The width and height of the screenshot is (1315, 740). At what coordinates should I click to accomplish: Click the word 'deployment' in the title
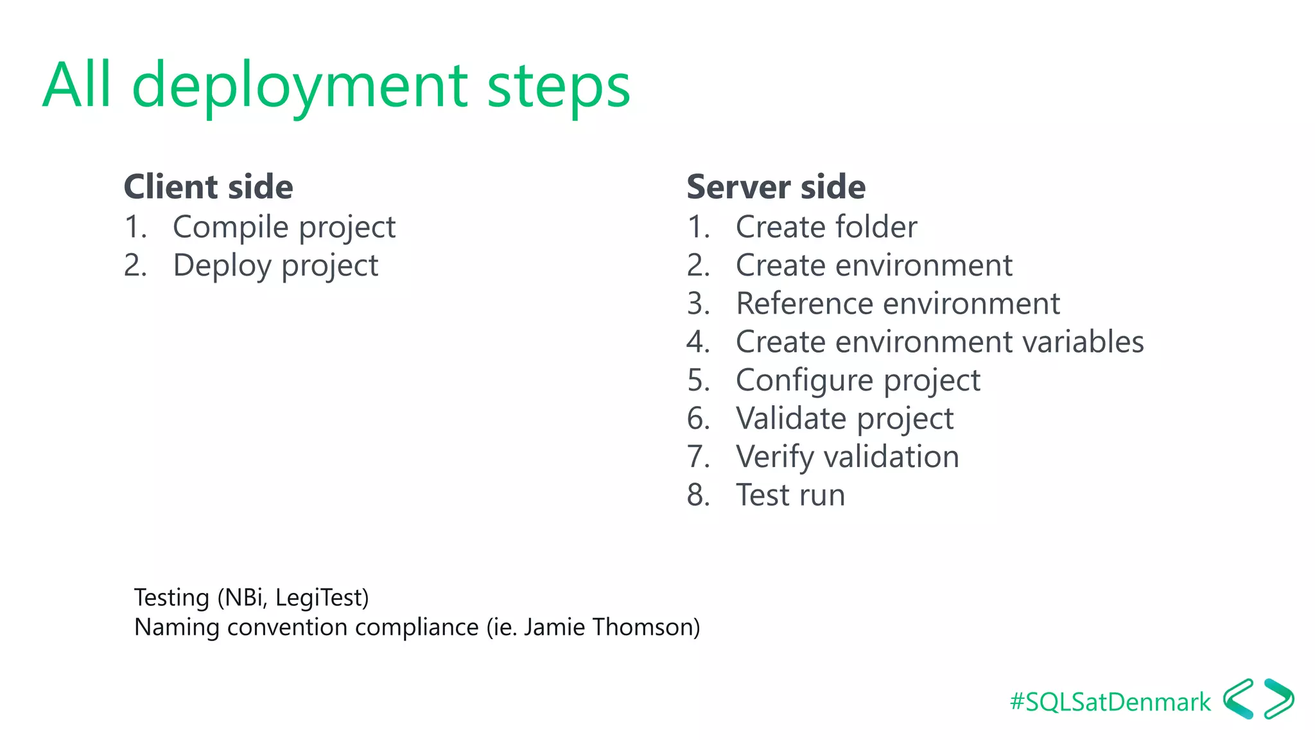(300, 87)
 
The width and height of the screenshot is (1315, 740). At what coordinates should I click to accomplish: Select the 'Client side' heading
(208, 187)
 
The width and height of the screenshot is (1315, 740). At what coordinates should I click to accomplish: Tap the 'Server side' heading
(776, 187)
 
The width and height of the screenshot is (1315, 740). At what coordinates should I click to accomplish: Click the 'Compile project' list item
(284, 227)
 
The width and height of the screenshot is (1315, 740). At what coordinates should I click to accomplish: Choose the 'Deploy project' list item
(275, 266)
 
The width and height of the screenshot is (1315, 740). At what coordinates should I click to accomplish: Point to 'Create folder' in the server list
(826, 227)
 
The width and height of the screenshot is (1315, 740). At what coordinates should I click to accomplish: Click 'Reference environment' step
(897, 304)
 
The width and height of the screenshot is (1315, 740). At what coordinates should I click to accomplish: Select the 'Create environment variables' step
(939, 342)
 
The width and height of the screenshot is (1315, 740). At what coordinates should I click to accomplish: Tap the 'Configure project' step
(857, 380)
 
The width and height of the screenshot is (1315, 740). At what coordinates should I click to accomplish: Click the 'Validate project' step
(844, 419)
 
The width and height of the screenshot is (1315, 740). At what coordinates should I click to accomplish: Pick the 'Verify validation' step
(847, 457)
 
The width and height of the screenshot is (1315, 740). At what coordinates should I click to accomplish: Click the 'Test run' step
(790, 495)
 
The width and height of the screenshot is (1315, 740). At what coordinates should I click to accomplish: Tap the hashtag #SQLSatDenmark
(1110, 702)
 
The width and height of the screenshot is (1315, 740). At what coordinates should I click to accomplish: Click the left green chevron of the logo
(1239, 699)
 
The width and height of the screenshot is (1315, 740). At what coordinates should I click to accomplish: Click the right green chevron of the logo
(1279, 699)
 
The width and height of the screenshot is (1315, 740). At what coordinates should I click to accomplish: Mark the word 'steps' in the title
(559, 87)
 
